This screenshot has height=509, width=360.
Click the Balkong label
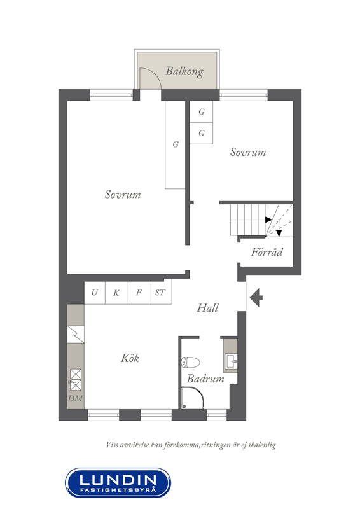click(184, 71)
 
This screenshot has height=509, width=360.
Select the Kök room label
click(130, 358)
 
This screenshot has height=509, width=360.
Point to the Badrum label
click(205, 379)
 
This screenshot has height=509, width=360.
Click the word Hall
click(208, 308)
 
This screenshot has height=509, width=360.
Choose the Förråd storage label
click(267, 252)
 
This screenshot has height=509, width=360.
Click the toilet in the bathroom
click(190, 363)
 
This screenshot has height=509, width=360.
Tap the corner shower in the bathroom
click(192, 397)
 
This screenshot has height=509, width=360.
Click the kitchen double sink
click(75, 380)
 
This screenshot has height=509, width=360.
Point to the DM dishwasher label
click(75, 398)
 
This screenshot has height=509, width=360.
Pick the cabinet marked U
click(95, 293)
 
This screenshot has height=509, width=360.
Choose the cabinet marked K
click(116, 293)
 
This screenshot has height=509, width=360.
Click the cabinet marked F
click(139, 293)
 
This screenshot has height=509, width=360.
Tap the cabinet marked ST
click(161, 293)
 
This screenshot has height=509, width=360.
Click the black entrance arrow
click(256, 297)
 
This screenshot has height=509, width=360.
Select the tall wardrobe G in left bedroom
click(176, 144)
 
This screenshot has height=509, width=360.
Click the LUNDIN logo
click(118, 483)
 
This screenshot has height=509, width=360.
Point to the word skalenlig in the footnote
click(262, 445)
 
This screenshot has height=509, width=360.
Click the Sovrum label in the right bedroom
click(248, 152)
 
